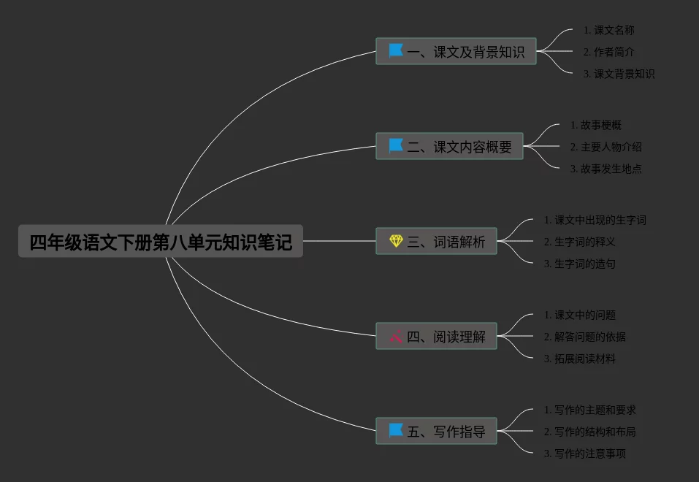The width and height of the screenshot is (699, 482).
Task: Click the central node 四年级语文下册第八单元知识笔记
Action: tap(161, 242)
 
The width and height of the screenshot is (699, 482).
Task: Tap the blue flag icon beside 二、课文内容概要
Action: tap(396, 146)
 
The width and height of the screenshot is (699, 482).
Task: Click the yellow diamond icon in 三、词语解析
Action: tap(396, 241)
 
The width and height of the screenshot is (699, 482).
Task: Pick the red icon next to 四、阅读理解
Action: tap(396, 337)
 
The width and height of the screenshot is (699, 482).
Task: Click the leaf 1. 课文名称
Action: tap(608, 31)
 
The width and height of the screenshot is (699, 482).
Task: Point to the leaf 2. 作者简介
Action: tap(608, 53)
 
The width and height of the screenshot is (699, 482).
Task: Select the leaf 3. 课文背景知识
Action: tap(619, 74)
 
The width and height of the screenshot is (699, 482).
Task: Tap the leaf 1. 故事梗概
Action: tap(595, 126)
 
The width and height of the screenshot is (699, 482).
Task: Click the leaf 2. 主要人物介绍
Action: tap(606, 147)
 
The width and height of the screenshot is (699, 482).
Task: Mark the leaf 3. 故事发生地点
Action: tap(606, 169)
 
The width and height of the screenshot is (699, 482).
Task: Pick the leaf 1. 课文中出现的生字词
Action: tap(595, 220)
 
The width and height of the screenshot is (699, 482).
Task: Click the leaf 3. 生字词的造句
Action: tap(579, 264)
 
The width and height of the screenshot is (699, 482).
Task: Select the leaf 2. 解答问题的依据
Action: tap(584, 337)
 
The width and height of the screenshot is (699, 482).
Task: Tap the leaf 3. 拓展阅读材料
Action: tap(579, 359)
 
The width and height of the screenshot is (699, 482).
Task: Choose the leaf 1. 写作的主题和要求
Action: tap(589, 410)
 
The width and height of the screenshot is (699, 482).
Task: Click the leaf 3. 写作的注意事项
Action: tap(584, 454)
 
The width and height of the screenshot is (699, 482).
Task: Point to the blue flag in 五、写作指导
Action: tap(396, 430)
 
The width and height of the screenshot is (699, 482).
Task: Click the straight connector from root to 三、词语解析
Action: tap(339, 241)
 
